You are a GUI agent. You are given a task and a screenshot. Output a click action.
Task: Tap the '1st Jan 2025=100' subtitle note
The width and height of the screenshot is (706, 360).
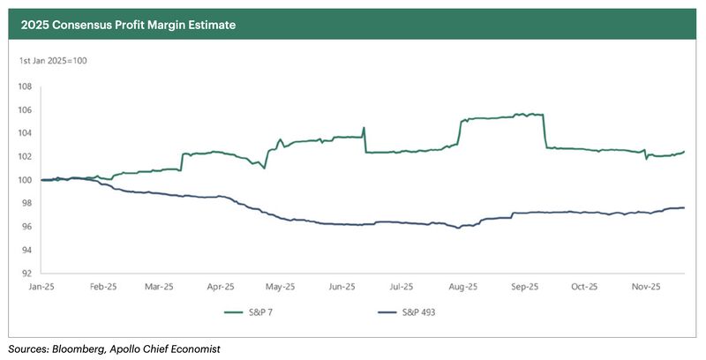coord(53,61)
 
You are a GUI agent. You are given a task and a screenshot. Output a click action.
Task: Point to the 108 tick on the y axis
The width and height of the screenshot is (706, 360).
coord(26,86)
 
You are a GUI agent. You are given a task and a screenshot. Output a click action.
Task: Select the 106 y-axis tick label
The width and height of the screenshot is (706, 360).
coord(26,110)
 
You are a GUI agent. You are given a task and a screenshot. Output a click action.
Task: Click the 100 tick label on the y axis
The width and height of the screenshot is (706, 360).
coord(26,180)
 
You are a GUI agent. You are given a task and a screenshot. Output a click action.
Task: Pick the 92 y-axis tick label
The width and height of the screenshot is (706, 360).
coord(26,274)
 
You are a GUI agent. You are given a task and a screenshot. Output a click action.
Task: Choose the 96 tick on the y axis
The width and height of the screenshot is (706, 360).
coord(26,227)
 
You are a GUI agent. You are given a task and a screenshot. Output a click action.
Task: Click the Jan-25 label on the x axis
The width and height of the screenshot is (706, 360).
coord(42,287)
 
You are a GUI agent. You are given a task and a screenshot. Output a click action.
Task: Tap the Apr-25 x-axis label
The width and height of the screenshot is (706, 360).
coord(220,287)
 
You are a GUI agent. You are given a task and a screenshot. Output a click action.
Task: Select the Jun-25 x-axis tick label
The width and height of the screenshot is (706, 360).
coord(342,287)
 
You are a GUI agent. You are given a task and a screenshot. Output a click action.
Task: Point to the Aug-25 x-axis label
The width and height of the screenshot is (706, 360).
coord(463,287)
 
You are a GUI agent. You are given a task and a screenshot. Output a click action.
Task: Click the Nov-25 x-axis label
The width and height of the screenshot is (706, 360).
coord(647,287)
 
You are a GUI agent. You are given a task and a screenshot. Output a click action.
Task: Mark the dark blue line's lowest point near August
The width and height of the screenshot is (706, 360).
coord(457,229)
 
